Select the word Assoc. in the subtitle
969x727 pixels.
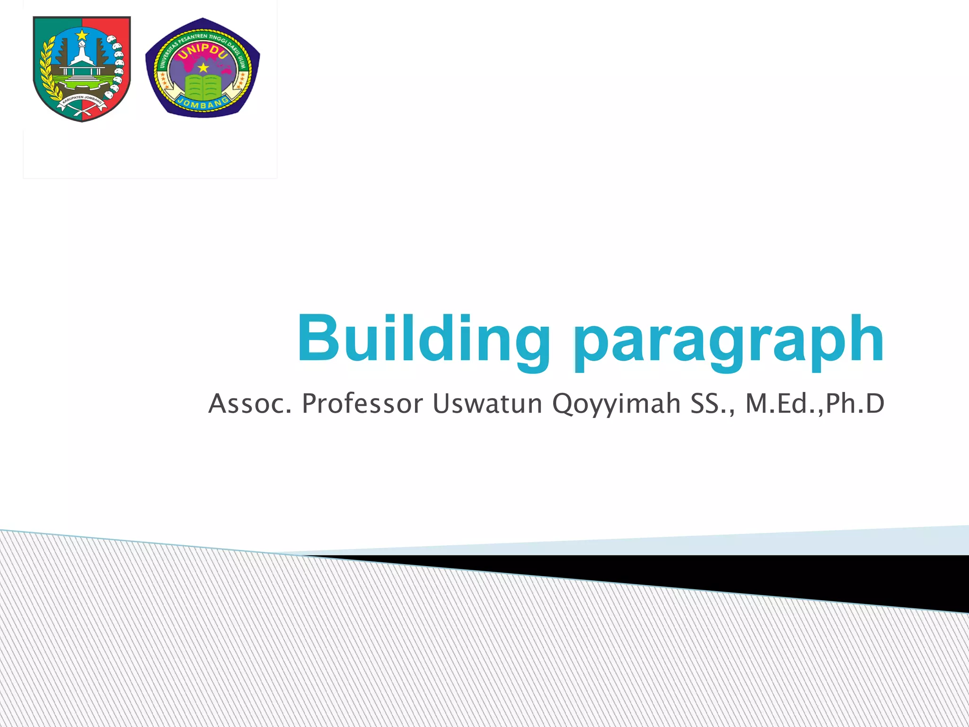[249, 404]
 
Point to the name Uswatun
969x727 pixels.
[487, 404]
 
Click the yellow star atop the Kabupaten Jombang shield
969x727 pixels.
[82, 34]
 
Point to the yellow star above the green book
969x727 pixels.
[203, 68]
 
